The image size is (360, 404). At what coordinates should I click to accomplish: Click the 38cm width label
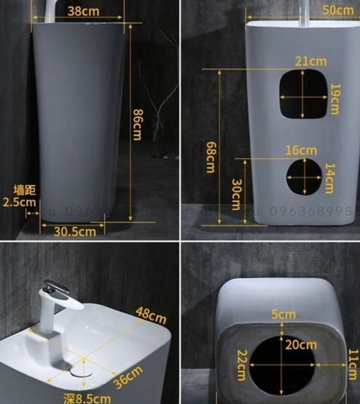click(x=85, y=11)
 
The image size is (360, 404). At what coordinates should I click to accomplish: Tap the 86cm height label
click(x=137, y=125)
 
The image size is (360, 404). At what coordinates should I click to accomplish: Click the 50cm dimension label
click(x=337, y=10)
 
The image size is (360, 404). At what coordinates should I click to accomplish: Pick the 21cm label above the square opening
click(x=310, y=61)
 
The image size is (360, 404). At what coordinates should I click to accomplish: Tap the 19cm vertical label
click(x=334, y=99)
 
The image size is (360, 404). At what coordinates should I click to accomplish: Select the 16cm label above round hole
click(x=300, y=149)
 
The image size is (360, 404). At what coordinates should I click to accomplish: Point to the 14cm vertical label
click(x=328, y=180)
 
